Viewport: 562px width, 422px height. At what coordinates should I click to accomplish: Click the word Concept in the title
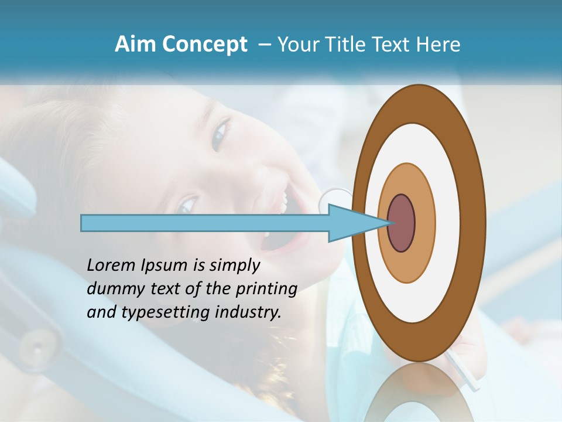(x=204, y=45)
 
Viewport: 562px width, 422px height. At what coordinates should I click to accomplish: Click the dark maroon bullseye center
(x=401, y=223)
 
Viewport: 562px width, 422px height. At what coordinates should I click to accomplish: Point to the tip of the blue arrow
(x=386, y=223)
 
